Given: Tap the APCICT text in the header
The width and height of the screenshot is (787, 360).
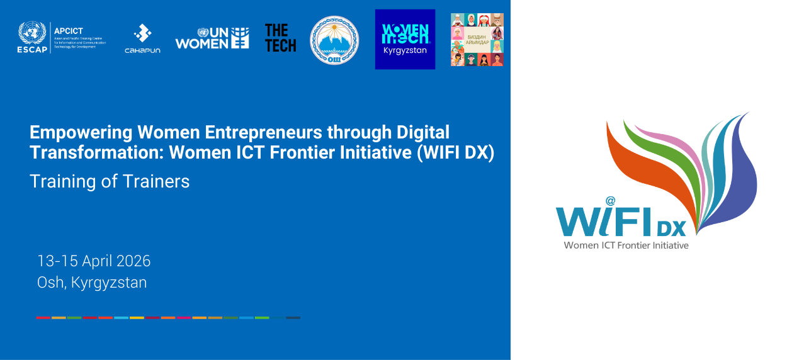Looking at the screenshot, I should click(x=69, y=31).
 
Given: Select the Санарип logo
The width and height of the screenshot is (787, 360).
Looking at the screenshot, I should click(x=144, y=38).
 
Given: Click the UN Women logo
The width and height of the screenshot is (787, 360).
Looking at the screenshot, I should click(x=212, y=38).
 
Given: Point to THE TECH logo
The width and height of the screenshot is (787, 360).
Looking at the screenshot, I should click(x=280, y=38).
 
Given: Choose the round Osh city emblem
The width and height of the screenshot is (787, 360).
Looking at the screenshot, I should click(x=334, y=40).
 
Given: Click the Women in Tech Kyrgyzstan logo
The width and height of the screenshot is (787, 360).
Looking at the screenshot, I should click(x=405, y=39).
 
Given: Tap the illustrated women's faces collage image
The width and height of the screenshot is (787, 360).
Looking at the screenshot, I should click(x=477, y=40).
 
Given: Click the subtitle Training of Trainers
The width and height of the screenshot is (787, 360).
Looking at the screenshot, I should click(x=110, y=181).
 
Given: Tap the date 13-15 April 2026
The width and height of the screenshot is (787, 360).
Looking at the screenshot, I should click(x=94, y=261).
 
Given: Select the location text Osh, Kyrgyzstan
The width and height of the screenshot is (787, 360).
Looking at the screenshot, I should click(x=92, y=283).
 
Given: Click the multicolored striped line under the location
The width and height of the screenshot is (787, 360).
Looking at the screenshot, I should click(x=168, y=318).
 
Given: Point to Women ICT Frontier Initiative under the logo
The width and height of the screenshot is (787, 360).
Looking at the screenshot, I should click(x=626, y=245).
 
